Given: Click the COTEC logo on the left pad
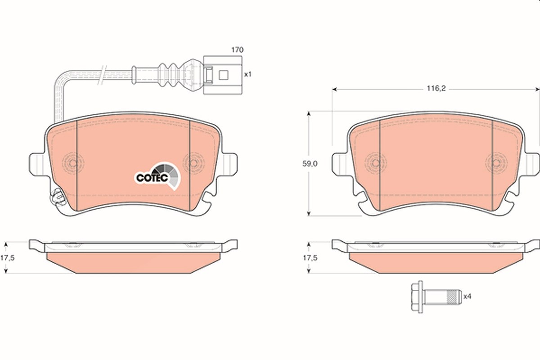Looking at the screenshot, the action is (x=157, y=176).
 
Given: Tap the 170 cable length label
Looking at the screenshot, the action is (x=238, y=50).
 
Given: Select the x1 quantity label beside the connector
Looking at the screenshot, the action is (x=248, y=75).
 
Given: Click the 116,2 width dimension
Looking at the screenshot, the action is (x=436, y=89).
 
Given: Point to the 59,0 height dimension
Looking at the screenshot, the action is (x=310, y=164).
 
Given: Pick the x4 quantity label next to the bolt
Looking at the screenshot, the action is (x=467, y=297).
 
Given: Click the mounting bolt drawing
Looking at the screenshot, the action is (x=436, y=297).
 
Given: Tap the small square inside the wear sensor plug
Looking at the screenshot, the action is (x=223, y=75).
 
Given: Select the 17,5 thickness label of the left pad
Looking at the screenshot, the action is (x=8, y=258).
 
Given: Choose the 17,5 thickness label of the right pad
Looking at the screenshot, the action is (x=310, y=258).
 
